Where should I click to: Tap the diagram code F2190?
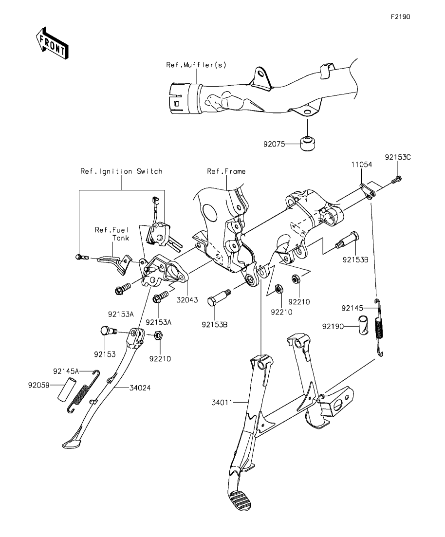tap(400, 17)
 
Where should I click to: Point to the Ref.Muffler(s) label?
tap(196, 64)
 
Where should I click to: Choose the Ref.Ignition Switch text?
tap(121, 171)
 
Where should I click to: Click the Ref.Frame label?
tap(226, 171)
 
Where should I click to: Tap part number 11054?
tap(362, 165)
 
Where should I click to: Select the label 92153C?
tap(397, 157)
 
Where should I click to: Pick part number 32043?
tap(187, 300)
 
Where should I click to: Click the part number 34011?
tap(222, 403)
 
